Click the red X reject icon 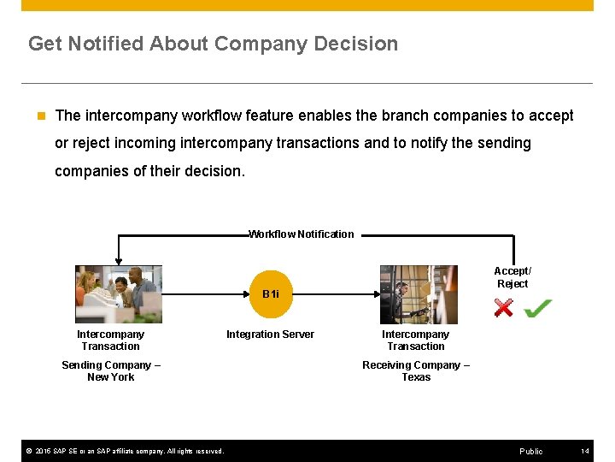pyautogui.click(x=504, y=307)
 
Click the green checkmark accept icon pyautogui.click(x=537, y=307)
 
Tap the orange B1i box pyautogui.click(x=271, y=293)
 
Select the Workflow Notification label pyautogui.click(x=301, y=234)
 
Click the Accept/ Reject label pyautogui.click(x=512, y=277)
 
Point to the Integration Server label pyautogui.click(x=270, y=335)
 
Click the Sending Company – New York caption pyautogui.click(x=111, y=371)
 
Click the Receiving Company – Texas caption pyautogui.click(x=416, y=371)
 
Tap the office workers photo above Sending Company pyautogui.click(x=118, y=293)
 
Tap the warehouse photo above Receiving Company pyautogui.click(x=418, y=293)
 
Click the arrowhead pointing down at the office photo pyautogui.click(x=118, y=260)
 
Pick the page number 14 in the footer pyautogui.click(x=585, y=451)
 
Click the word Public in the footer pyautogui.click(x=530, y=451)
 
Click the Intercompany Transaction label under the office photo pyautogui.click(x=110, y=341)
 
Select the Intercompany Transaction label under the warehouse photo pyautogui.click(x=415, y=341)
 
